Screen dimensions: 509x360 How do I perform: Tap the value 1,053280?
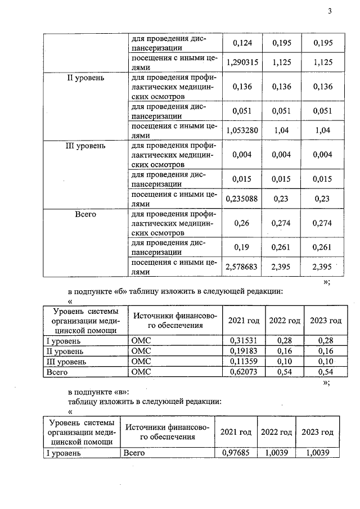point(241,130)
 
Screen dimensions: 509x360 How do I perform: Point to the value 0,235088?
point(241,198)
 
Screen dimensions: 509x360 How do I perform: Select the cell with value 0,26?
point(241,223)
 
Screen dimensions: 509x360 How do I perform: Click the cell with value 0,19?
point(241,248)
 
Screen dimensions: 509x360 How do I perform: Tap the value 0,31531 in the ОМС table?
point(242,341)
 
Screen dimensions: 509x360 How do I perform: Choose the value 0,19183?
point(242,351)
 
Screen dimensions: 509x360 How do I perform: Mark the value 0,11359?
point(242,361)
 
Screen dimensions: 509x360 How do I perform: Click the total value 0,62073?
point(242,372)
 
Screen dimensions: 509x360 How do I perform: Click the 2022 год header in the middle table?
point(284,321)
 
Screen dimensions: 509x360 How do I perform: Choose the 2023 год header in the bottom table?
point(317,432)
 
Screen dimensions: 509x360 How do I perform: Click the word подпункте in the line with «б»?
point(95,291)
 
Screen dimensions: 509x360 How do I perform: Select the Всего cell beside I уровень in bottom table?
point(134,452)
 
